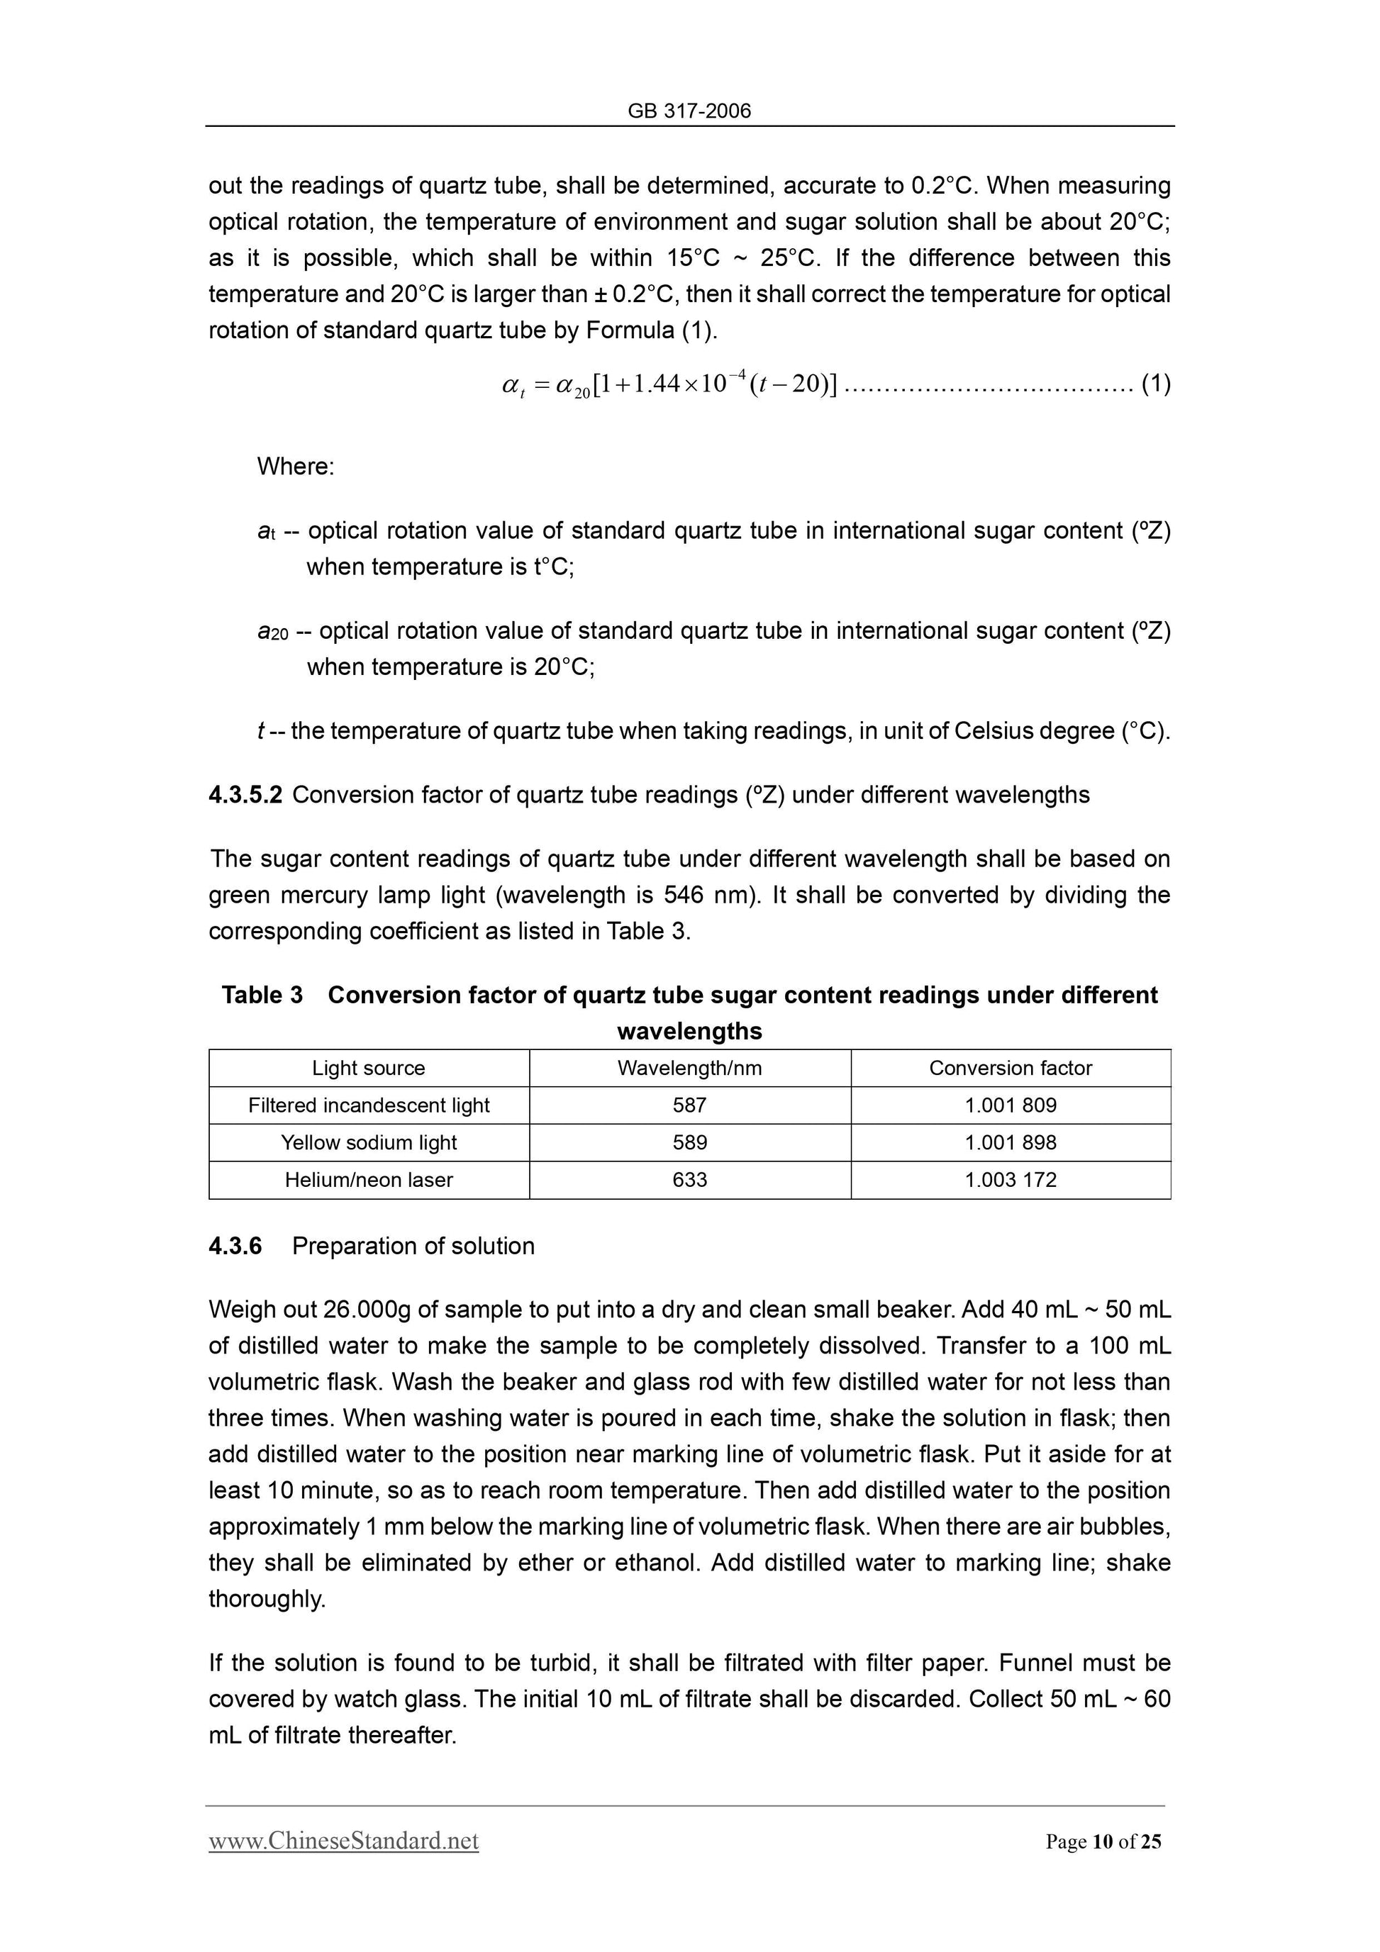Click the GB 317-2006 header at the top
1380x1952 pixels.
689,111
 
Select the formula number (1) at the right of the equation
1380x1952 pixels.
1155,384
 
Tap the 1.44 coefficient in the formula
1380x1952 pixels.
657,384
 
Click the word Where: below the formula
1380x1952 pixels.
295,466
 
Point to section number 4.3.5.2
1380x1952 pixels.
245,795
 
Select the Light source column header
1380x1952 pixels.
368,1068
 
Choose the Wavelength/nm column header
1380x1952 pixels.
689,1068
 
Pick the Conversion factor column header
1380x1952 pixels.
1010,1068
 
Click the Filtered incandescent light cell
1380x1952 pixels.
368,1105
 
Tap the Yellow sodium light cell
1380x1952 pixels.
368,1143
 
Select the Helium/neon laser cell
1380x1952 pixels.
368,1180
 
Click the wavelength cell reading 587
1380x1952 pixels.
689,1105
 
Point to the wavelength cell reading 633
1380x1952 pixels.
689,1180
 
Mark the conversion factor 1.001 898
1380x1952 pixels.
1010,1143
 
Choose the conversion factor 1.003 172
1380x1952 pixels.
1010,1180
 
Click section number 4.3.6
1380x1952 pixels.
235,1246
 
